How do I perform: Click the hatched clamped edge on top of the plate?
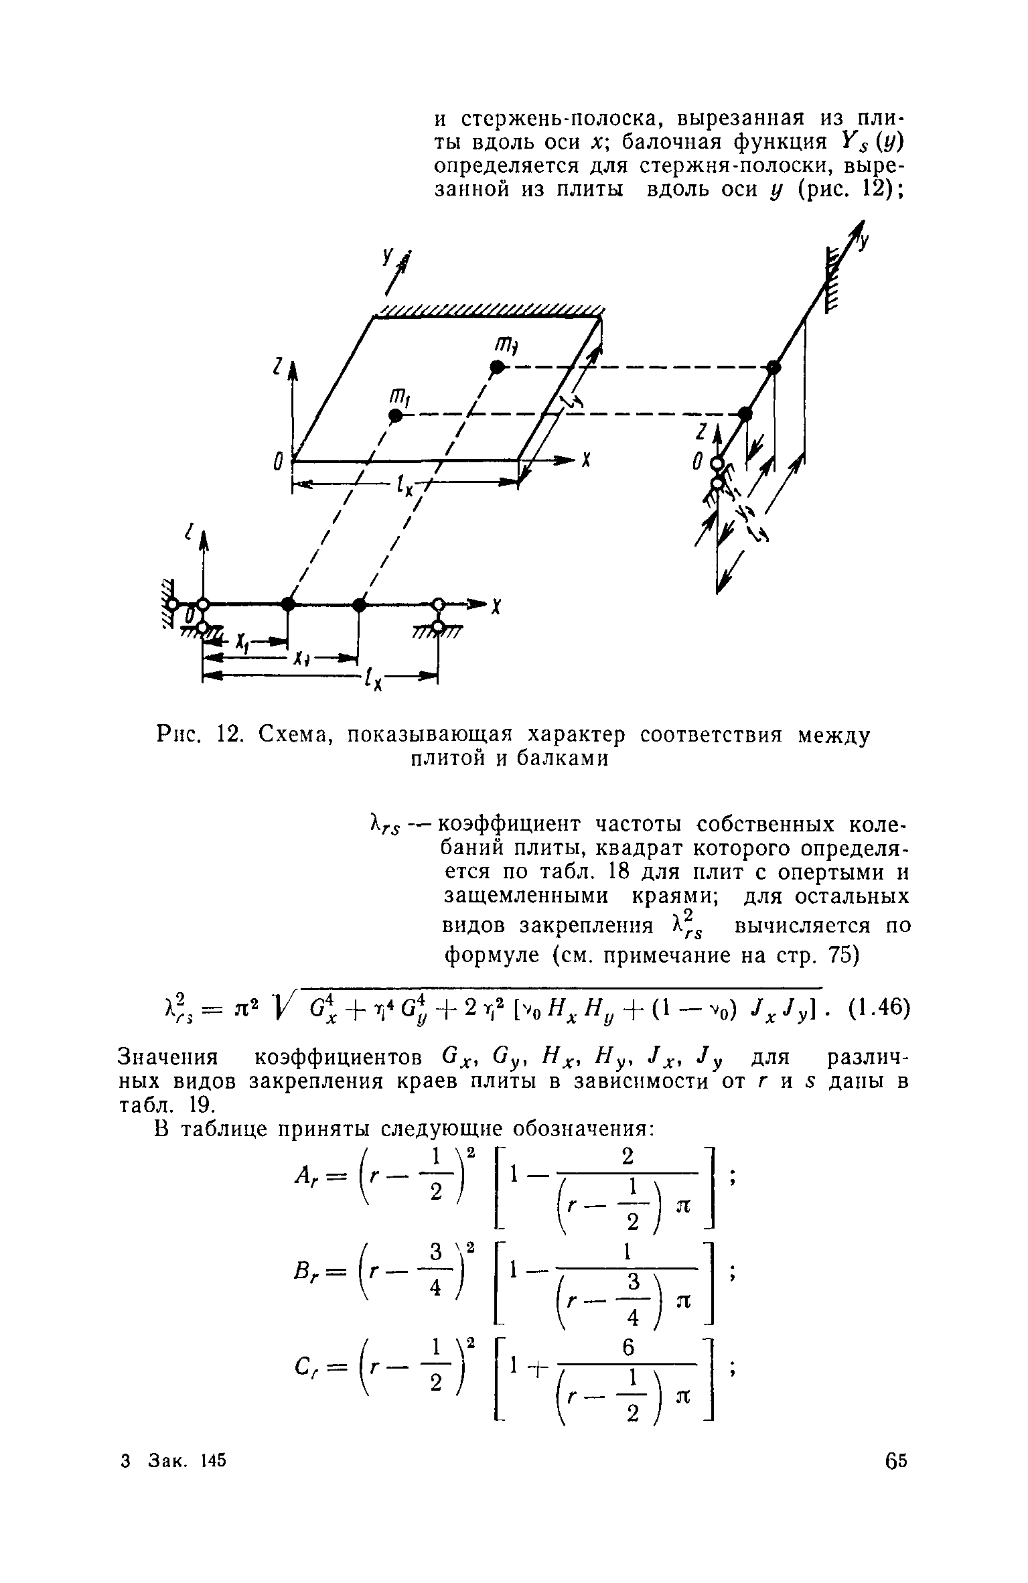point(490,310)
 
